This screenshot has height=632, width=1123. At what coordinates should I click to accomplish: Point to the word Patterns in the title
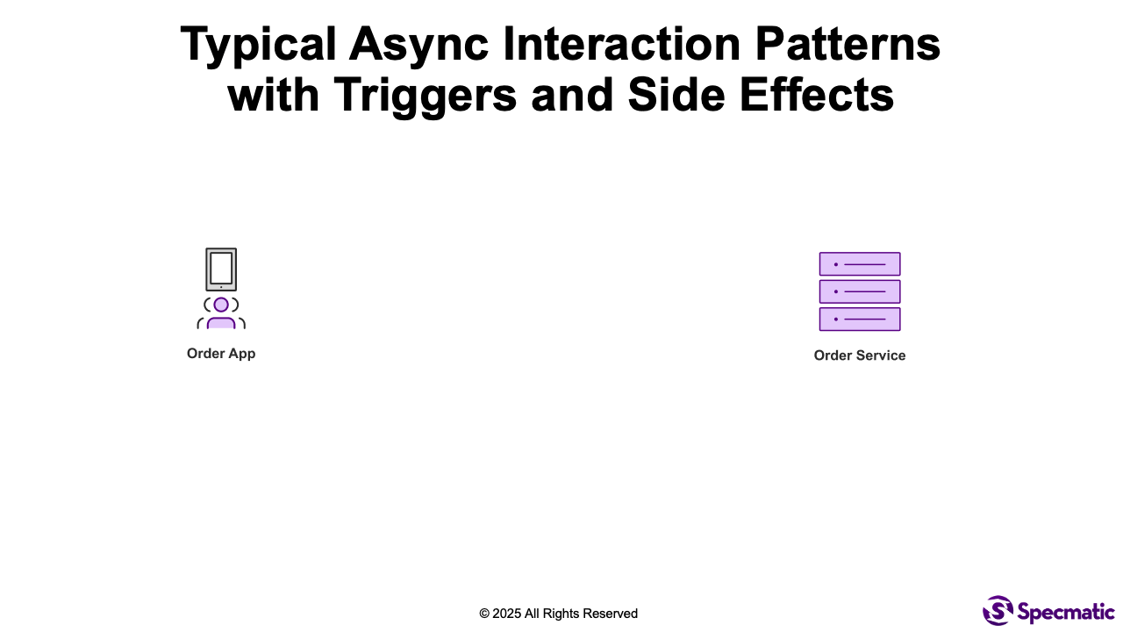click(x=848, y=44)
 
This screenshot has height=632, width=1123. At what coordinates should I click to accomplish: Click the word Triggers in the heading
click(x=426, y=97)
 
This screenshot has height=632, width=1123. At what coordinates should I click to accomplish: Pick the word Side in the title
click(x=676, y=94)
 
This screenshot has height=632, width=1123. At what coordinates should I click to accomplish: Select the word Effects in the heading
click(x=817, y=94)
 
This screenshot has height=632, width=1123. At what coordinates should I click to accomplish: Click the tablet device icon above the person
click(x=221, y=269)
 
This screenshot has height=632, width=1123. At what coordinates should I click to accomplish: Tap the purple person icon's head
click(x=221, y=305)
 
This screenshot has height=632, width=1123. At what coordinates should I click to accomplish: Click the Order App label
click(x=221, y=354)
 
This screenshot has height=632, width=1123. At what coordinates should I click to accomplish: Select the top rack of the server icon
click(x=860, y=264)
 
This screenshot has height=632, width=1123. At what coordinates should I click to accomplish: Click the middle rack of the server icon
click(x=860, y=291)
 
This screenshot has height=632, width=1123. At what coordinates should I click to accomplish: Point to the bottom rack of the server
click(x=860, y=319)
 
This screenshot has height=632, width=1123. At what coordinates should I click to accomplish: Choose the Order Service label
click(x=860, y=355)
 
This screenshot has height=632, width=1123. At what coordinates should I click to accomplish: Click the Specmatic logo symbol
click(x=998, y=610)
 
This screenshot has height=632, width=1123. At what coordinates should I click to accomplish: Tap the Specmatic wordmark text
click(x=1066, y=612)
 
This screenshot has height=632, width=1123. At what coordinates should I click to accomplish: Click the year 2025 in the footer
click(x=507, y=614)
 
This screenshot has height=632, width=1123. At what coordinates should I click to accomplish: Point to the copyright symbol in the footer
click(x=484, y=614)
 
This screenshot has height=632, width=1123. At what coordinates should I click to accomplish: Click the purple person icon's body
click(x=221, y=324)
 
